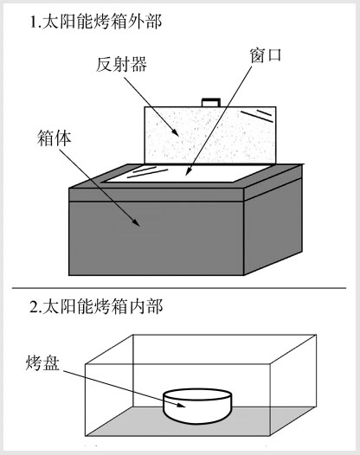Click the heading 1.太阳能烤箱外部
pyautogui.click(x=96, y=22)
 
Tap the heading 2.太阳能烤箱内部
pyautogui.click(x=96, y=307)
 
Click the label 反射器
pyautogui.click(x=122, y=64)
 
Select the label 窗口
pyautogui.click(x=266, y=55)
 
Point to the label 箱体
pyautogui.click(x=55, y=138)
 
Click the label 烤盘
pyautogui.click(x=42, y=362)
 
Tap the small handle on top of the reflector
pyautogui.click(x=211, y=102)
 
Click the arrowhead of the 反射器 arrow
pyautogui.click(x=176, y=132)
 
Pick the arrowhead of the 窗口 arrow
pyautogui.click(x=188, y=172)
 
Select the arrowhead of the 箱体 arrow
pyautogui.click(x=136, y=222)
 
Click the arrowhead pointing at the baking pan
pyautogui.click(x=181, y=406)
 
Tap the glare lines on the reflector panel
pyautogui.click(x=257, y=115)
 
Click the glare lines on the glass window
pyautogui.click(x=147, y=172)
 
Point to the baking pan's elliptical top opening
pyautogui.click(x=197, y=394)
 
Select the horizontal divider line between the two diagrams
pyautogui.click(x=179, y=288)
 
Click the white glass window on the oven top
pyautogui.click(x=186, y=174)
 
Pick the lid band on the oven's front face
pyautogui.click(x=156, y=195)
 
